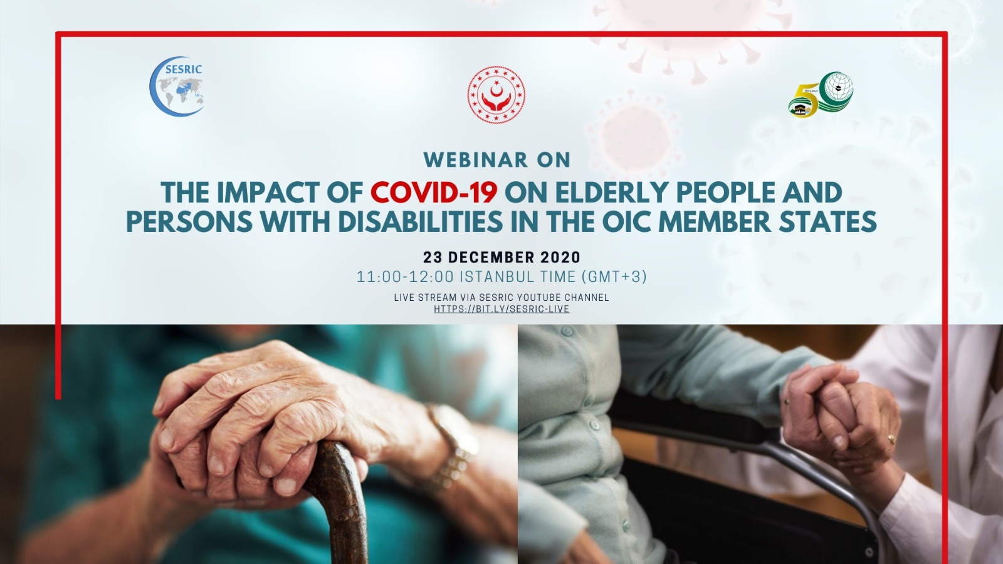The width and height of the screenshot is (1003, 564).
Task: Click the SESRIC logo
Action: pyautogui.click(x=177, y=86)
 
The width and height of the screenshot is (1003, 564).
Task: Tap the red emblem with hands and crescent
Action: pyautogui.click(x=496, y=95)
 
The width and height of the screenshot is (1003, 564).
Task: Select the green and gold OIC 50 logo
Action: pyautogui.click(x=821, y=95)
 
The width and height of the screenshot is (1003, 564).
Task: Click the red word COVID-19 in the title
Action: pyautogui.click(x=433, y=192)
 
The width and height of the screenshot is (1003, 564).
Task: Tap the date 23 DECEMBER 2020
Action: pyautogui.click(x=501, y=258)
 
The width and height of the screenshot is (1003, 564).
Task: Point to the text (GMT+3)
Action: pyautogui.click(x=614, y=276)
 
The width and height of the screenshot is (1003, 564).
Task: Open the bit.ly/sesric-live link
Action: pyautogui.click(x=501, y=309)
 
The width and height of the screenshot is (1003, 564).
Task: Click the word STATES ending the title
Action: pyautogui.click(x=827, y=221)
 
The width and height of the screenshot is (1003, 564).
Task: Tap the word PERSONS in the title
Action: pyautogui.click(x=189, y=221)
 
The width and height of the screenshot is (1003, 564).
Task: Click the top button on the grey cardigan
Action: pyautogui.click(x=567, y=332)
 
